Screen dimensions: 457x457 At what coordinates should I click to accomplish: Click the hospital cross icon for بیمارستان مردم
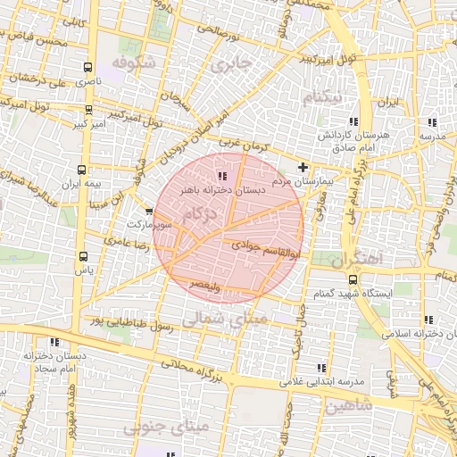(303, 167)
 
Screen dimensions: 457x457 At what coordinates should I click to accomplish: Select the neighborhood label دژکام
(200, 214)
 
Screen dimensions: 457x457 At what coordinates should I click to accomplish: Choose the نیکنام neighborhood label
(322, 98)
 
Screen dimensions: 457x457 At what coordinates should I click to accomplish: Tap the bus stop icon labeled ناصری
(87, 68)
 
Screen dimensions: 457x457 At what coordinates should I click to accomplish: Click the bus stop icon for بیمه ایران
(82, 169)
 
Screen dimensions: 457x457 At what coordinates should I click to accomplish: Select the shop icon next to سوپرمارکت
(148, 213)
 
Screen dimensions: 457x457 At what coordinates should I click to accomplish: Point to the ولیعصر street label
(206, 285)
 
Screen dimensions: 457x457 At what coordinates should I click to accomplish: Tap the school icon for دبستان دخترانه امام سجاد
(54, 342)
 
